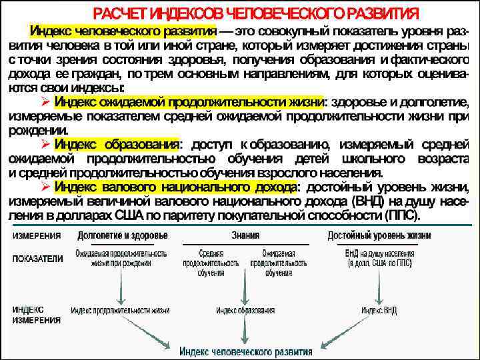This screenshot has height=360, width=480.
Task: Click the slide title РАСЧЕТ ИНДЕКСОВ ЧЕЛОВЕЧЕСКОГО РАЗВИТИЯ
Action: pyautogui.click(x=256, y=13)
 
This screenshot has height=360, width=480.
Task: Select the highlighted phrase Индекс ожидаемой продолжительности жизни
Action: pyautogui.click(x=188, y=103)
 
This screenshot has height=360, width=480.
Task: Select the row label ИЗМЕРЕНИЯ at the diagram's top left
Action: pyautogui.click(x=36, y=235)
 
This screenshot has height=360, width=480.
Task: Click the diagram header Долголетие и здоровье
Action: pyautogui.click(x=123, y=235)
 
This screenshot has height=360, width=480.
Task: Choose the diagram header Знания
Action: pyautogui.click(x=245, y=235)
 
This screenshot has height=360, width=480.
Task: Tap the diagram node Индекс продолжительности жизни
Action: pyautogui.click(x=121, y=310)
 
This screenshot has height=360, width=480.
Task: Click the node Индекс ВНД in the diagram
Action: pyautogui.click(x=379, y=310)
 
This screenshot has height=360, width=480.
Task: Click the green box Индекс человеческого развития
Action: pyautogui.click(x=246, y=351)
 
